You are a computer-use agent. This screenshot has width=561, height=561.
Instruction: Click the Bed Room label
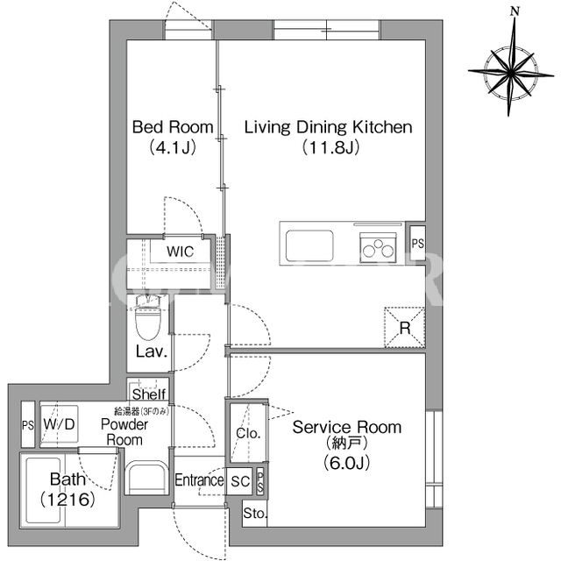173,127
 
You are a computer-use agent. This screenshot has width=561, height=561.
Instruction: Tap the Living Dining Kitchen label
328,127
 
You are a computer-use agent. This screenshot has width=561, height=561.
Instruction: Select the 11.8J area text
330,147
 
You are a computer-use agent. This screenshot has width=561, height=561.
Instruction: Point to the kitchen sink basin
309,245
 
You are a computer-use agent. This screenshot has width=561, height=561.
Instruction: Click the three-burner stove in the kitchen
378,247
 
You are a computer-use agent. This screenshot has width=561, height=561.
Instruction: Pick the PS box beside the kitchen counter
417,244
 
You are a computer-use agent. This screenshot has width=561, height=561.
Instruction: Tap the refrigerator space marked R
405,327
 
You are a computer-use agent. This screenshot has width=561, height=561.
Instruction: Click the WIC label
180,252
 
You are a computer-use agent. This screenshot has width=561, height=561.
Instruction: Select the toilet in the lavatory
148,317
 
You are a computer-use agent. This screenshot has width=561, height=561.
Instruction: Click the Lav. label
152,352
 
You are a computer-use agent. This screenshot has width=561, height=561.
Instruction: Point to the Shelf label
149,394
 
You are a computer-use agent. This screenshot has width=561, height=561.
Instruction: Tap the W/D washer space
59,425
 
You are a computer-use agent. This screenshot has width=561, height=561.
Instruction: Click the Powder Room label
124,432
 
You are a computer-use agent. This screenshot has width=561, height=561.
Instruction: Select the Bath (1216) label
67,489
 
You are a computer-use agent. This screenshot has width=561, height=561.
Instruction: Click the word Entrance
199,479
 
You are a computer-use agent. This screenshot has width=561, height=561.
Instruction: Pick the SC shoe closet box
240,481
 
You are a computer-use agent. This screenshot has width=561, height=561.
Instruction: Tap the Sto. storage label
255,514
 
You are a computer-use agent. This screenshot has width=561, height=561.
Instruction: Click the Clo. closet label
248,433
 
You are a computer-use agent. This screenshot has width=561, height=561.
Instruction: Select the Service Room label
347,427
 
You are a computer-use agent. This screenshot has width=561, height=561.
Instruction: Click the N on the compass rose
515,11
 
